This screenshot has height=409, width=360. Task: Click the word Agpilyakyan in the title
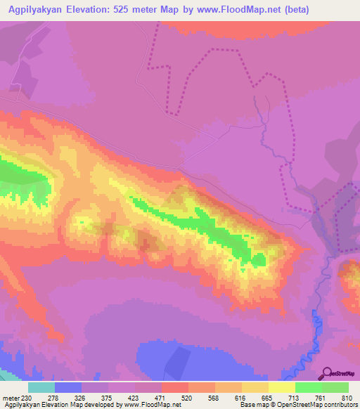coord(35,9)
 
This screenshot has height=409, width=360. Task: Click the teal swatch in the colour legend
coord(41,387)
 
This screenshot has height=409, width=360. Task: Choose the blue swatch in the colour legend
coord(68,387)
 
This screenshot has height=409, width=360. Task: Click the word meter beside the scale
coord(11,398)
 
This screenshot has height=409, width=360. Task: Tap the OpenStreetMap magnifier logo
coord(326,373)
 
